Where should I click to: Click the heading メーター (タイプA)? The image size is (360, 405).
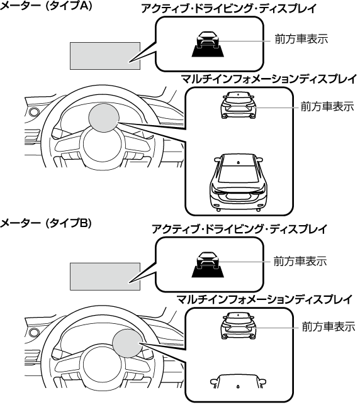pos(46,6)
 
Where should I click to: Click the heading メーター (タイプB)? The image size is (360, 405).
pos(46,223)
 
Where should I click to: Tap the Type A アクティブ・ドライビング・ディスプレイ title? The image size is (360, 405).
pos(229,9)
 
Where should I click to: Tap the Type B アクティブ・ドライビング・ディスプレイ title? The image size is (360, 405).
pos(239,229)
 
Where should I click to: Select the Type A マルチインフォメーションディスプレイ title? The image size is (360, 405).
pos(269,79)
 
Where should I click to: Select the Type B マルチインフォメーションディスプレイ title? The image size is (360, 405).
pos(264,299)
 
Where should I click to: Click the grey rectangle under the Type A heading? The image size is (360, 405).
pos(105,56)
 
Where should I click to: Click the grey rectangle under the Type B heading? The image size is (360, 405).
pos(105,277)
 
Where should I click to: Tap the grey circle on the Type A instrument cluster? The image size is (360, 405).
pos(104,118)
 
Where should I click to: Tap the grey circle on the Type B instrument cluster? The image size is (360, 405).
pos(128,343)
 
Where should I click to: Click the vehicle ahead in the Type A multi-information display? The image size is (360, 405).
pos(239,105)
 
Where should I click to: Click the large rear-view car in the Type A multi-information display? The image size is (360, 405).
pos(239,182)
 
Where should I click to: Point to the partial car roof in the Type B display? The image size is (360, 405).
pos(238,382)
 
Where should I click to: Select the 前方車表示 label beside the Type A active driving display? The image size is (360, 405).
pos(301,39)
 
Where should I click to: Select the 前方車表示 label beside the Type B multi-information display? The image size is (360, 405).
pos(328,327)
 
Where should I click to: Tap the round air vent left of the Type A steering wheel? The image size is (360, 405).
pos(33,112)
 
